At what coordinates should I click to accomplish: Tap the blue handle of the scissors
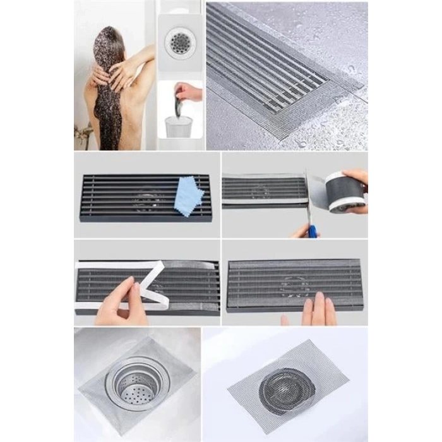[312, 230]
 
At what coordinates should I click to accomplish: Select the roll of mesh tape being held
[345, 191]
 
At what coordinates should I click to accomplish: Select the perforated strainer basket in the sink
[135, 386]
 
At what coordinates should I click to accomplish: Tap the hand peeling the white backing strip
[120, 303]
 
